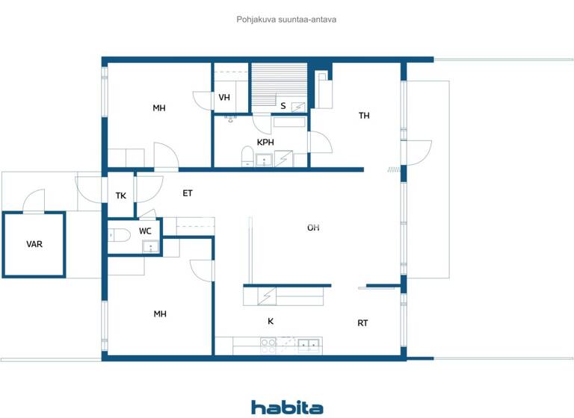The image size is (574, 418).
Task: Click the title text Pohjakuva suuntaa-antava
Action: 286,19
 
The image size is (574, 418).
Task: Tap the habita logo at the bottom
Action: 287,407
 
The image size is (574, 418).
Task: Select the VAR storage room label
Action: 34,244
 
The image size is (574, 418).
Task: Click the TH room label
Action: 364,116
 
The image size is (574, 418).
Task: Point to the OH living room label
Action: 313,228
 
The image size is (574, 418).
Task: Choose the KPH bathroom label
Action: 265,142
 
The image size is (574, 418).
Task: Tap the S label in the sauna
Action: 283,106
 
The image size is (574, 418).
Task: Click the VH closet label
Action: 224,98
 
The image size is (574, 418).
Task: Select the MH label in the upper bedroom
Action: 159,108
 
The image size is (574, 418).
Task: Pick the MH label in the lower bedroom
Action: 160,314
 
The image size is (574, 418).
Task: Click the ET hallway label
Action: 188,193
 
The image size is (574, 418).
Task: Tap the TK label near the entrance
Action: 121,196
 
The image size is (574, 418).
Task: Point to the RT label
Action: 362,323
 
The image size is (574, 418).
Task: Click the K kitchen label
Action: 271,322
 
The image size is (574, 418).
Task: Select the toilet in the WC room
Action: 120,235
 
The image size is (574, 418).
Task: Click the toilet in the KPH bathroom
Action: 246,156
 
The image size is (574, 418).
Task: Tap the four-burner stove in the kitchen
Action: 268,345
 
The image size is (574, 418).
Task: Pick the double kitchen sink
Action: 309,345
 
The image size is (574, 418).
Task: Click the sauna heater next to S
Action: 298,106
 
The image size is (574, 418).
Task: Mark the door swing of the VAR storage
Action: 34,199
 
